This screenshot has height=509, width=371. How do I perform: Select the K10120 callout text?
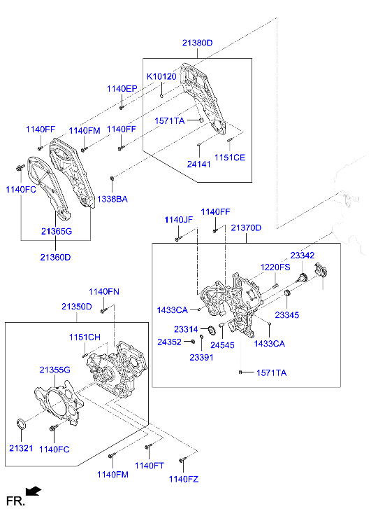coord(161,76)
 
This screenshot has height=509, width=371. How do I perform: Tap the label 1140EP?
coord(122,89)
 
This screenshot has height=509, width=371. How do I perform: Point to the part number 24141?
coord(198,165)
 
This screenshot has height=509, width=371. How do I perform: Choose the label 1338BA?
coord(112,200)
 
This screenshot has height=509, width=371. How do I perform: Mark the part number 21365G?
coord(57,231)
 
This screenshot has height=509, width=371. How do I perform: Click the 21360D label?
coord(56,257)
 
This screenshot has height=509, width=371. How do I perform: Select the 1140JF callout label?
coord(178,220)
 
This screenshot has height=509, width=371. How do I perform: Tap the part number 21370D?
coord(246,228)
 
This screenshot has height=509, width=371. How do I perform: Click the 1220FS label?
coord(275,267)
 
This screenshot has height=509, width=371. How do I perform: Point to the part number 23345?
coord(286,316)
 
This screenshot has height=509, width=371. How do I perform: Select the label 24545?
coord(222,345)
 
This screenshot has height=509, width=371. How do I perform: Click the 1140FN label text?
coord(103,291)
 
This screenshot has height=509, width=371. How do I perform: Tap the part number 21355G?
coord(55,370)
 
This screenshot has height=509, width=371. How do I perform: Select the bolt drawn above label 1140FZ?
coord(182,461)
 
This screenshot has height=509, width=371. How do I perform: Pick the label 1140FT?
coord(149,466)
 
